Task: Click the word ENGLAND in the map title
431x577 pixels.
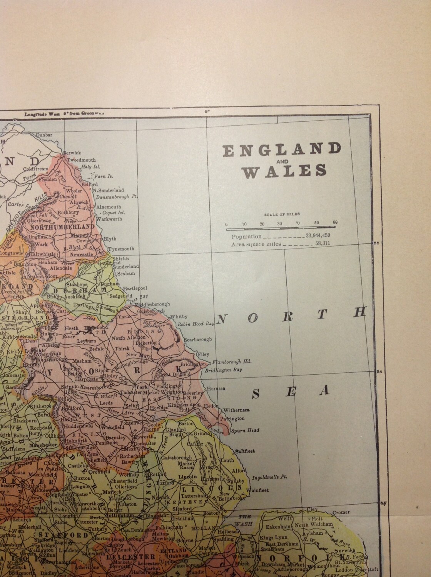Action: click(282, 149)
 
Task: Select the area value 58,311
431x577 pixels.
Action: click(322, 244)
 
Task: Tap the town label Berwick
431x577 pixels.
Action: click(71, 152)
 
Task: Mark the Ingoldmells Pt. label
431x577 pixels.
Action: click(268, 478)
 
